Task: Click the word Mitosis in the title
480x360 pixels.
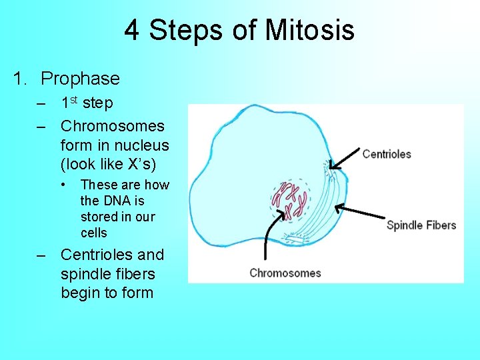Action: [x=309, y=31]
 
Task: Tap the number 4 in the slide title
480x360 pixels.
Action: [x=131, y=31]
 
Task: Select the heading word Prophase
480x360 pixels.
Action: [x=80, y=79]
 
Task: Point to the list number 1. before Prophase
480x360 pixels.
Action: [x=21, y=79]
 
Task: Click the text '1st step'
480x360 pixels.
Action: [x=87, y=103]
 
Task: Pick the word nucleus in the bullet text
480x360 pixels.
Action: [x=142, y=145]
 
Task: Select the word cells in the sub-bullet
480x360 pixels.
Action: [x=94, y=233]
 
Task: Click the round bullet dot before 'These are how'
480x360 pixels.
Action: [x=65, y=185]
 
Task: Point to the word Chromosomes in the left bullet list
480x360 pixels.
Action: [x=112, y=126]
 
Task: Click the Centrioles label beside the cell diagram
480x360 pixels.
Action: [x=387, y=154]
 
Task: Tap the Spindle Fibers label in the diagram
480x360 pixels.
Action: [x=421, y=225]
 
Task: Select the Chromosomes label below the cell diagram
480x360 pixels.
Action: [x=285, y=273]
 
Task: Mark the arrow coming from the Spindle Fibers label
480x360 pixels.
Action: [x=360, y=212]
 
